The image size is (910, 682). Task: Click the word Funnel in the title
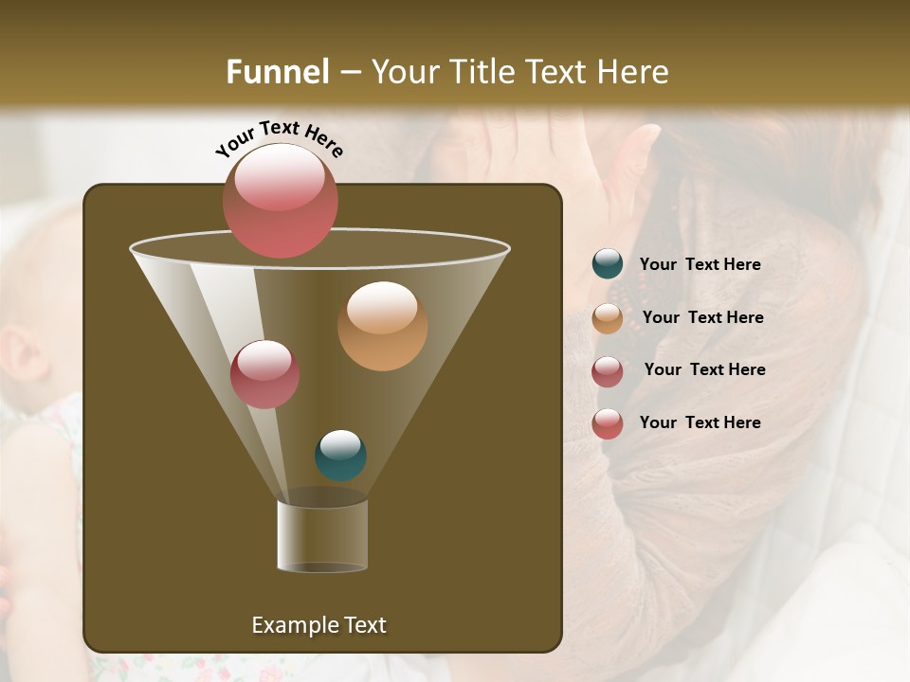click(x=278, y=72)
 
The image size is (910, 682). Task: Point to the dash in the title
click(x=350, y=73)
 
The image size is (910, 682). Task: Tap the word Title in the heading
click(x=481, y=72)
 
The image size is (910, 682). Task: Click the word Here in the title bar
click(x=631, y=72)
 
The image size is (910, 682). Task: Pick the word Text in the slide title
click(x=557, y=72)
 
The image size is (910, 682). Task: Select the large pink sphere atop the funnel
click(x=280, y=200)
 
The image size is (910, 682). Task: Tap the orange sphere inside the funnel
click(x=382, y=325)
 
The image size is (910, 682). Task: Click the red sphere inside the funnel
click(x=264, y=374)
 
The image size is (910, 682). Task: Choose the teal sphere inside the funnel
click(x=340, y=456)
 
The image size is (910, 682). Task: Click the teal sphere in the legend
click(x=608, y=264)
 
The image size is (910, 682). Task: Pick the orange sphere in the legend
click(x=608, y=317)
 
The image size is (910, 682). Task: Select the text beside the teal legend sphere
click(x=700, y=265)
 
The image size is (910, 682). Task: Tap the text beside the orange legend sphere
click(x=702, y=318)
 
